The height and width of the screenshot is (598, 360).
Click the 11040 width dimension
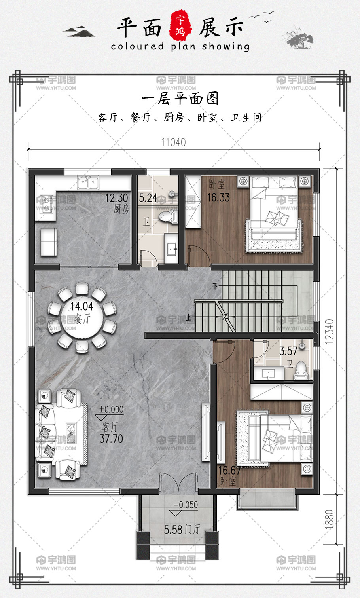pos(173,142)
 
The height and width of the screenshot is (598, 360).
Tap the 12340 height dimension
pos(330,331)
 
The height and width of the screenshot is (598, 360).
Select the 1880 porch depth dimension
pos(330,519)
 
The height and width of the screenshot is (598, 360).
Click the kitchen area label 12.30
pos(117,198)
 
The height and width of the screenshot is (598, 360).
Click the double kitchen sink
pos(88,182)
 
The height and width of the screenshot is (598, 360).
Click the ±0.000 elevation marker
pos(111,410)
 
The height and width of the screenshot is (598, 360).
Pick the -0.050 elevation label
pos(186,505)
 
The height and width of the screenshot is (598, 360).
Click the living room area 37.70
pos(111,439)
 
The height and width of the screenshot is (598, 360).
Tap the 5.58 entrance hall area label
pos(173,530)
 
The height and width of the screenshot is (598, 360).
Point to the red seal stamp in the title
pos(180,26)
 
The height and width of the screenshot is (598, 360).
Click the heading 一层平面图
pos(180,99)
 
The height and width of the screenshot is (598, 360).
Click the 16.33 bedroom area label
pos(218,197)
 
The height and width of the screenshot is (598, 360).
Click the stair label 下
pos(215,286)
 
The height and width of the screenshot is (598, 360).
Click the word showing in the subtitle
pos(226,46)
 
